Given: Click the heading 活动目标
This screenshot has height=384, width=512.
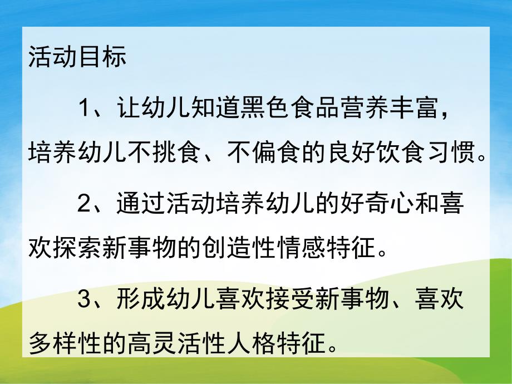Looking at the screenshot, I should (x=77, y=58).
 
